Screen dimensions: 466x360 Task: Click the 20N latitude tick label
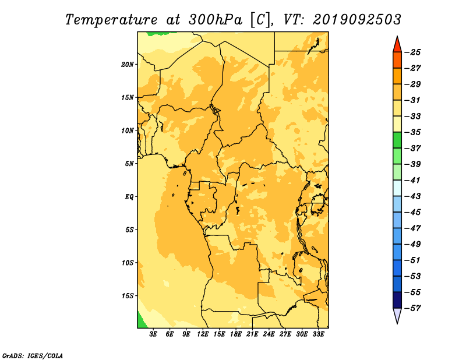pos(127,65)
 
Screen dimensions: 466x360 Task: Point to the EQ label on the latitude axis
pos(129,197)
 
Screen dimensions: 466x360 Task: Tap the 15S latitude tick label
pos(127,296)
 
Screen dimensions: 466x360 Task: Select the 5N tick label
pos(129,164)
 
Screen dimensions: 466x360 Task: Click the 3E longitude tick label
pos(153,334)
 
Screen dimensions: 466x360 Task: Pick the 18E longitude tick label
pos(236,334)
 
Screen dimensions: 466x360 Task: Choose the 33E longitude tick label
pos(318,334)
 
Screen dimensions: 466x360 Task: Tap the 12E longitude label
pos(203,334)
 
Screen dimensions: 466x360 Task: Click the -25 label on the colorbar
pos(413,52)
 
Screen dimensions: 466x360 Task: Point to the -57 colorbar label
pos(413,308)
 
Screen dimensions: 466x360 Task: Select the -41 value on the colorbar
pos(413,181)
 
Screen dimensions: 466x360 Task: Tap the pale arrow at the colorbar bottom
pos(397,315)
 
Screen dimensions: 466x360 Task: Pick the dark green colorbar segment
pos(397,140)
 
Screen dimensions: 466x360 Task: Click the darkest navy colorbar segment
pos(397,300)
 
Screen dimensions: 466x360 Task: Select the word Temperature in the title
pos(111,20)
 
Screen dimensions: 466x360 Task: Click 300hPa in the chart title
pos(216,20)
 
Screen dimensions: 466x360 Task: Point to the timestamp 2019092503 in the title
pos(356,20)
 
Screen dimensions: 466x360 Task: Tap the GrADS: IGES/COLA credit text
pos(33,356)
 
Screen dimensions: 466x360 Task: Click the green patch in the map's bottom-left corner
pos(142,322)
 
